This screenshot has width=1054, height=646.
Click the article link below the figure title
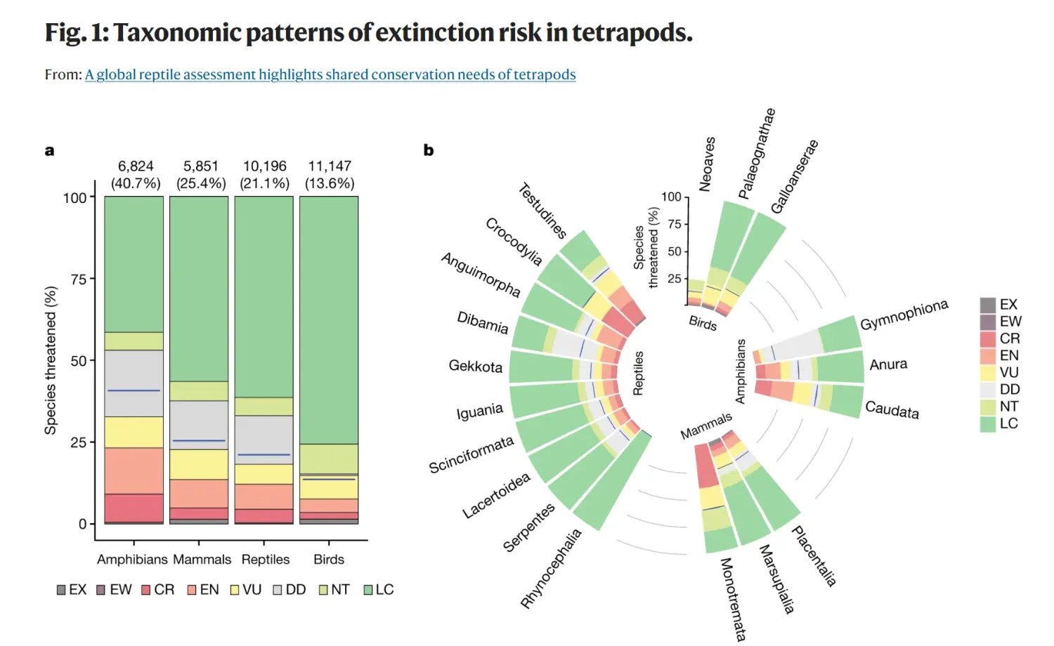point(330,74)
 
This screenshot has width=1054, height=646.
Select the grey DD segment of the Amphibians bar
point(134,383)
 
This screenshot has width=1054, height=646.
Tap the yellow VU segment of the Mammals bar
point(199,464)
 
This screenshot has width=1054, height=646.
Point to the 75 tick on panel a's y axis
point(78,279)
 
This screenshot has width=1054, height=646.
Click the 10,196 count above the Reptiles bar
point(265,166)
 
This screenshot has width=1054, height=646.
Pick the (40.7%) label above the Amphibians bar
point(136,183)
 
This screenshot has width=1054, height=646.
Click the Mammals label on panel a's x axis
point(202,560)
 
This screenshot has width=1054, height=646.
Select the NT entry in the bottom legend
point(334,590)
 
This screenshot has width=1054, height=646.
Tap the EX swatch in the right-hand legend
point(988,305)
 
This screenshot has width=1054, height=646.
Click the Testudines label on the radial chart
point(542,210)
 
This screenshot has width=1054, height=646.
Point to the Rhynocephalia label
point(551,568)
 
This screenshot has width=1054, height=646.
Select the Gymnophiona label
point(904,315)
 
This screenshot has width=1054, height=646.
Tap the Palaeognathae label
point(757,154)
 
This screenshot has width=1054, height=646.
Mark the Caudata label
point(892,409)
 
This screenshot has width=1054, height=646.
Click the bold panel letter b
point(429,150)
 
